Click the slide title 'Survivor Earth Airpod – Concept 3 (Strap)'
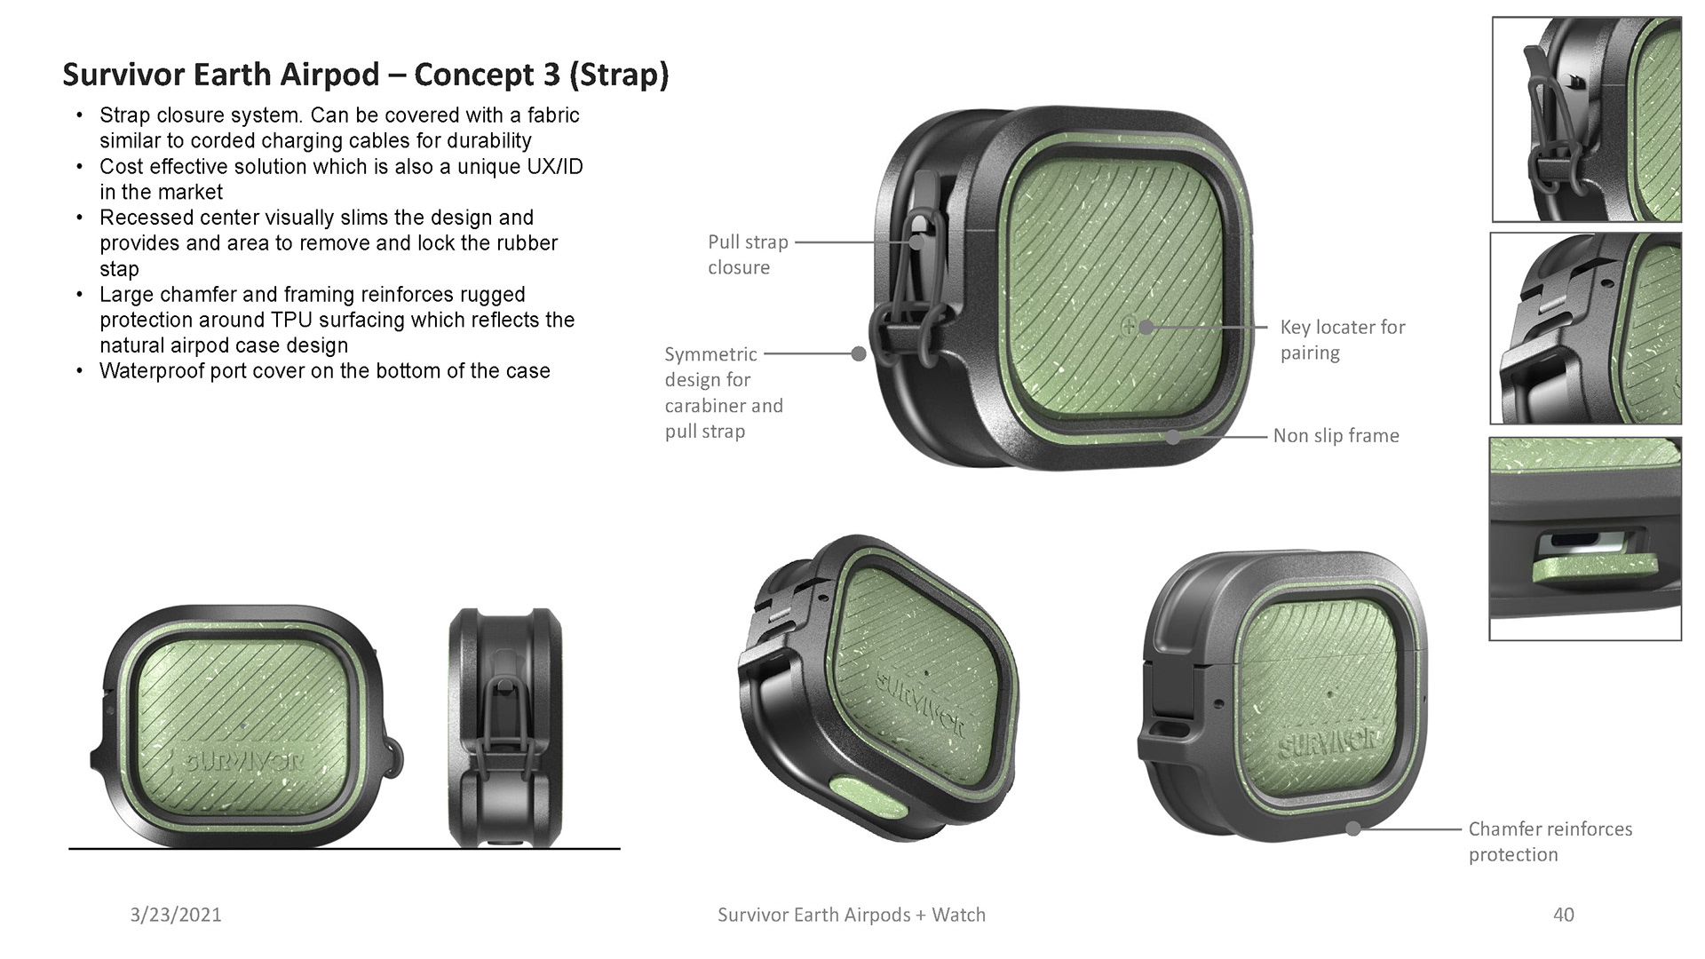click(x=365, y=75)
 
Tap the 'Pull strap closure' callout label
click(x=747, y=255)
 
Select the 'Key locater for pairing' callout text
click(x=1342, y=340)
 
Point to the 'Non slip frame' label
click(x=1336, y=436)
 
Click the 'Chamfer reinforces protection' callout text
click(x=1550, y=842)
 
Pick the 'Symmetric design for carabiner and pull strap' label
click(x=724, y=392)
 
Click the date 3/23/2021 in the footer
click(x=176, y=915)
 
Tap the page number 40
click(x=1563, y=915)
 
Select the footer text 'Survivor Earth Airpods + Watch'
click(x=851, y=915)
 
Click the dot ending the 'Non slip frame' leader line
click(x=1174, y=437)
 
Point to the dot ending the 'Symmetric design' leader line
click(x=859, y=354)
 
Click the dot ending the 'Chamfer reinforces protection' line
click(x=1353, y=829)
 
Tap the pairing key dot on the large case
click(x=1146, y=327)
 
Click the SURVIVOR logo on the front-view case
click(x=242, y=761)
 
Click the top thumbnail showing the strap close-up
click(x=1586, y=119)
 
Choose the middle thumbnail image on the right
click(x=1586, y=329)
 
